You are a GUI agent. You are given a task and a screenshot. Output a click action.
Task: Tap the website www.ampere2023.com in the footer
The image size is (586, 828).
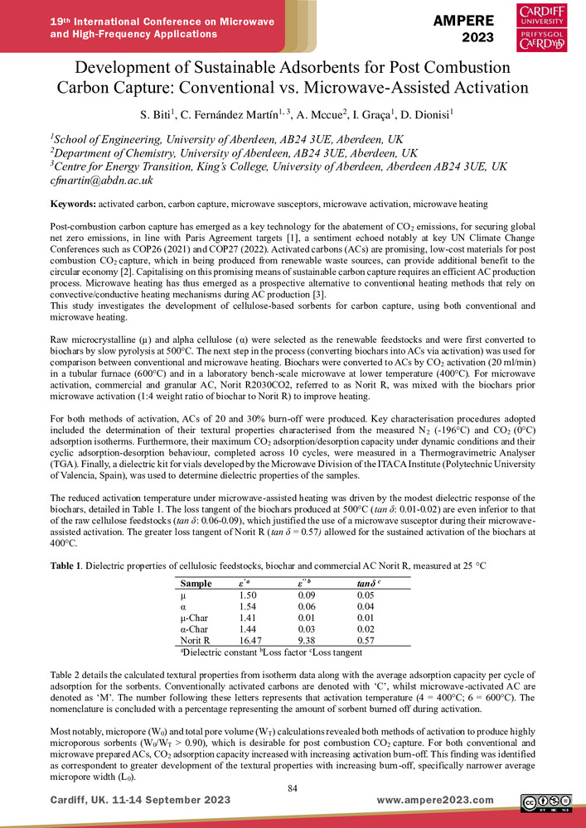434,800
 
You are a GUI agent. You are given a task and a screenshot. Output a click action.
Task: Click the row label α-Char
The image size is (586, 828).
196,629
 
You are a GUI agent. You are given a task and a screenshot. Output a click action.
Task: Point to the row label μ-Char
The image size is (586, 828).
196,619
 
